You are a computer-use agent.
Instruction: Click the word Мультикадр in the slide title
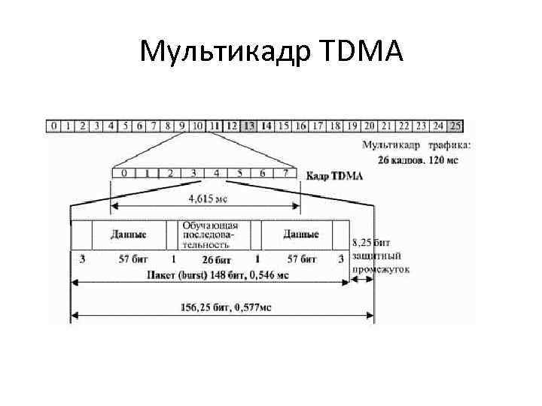click(x=229, y=52)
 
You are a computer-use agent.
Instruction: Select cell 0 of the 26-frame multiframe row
click(x=54, y=126)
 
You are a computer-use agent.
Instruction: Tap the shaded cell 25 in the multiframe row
click(x=455, y=126)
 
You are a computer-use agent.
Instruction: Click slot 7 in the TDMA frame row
click(x=286, y=174)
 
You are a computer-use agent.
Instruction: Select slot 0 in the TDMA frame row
click(x=123, y=174)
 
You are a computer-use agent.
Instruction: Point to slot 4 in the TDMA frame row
click(x=216, y=174)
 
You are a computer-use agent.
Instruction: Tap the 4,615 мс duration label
click(x=207, y=199)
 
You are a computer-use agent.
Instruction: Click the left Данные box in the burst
click(x=128, y=234)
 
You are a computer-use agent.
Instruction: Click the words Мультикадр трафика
click(x=417, y=144)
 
